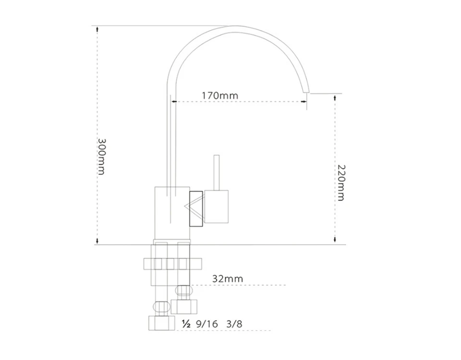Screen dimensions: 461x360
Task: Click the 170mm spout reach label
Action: [x=220, y=96]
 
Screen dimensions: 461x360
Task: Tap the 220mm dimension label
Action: [x=341, y=182]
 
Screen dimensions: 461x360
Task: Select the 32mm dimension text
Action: [x=228, y=278]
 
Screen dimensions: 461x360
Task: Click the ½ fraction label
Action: [x=186, y=324]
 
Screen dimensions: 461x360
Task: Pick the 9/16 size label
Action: [x=207, y=324]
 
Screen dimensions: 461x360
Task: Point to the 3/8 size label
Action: [x=234, y=324]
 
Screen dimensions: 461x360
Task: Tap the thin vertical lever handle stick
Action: [x=217, y=172]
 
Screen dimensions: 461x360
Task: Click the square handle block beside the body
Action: [x=217, y=206]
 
